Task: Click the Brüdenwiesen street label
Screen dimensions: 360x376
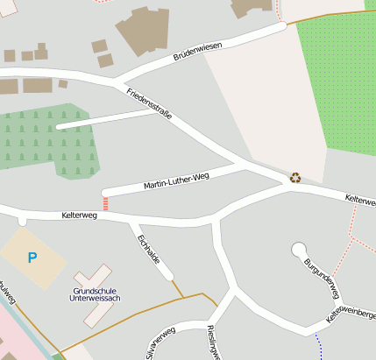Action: [197, 51]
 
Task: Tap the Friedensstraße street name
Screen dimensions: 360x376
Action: [149, 103]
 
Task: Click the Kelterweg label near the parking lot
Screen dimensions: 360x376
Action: [78, 214]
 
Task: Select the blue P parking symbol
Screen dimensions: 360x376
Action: [33, 258]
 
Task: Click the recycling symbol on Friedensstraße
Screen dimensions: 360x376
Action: [295, 177]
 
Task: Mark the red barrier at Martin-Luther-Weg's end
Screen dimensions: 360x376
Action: [106, 203]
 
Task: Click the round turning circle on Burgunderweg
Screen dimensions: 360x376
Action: [299, 250]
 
